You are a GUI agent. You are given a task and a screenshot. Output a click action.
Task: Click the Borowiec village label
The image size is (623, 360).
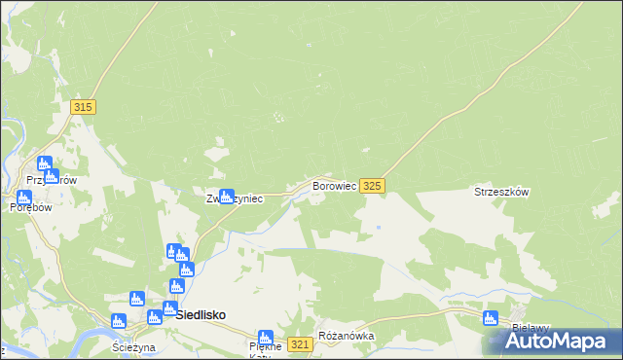point(333,185)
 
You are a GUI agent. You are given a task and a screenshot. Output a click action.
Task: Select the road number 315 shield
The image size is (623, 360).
point(83,107)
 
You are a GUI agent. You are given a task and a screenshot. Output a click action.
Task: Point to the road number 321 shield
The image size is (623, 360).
point(301,344)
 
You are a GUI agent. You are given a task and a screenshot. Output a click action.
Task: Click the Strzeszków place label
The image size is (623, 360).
point(500,193)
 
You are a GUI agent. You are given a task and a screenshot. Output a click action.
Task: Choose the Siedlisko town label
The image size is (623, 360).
point(202,315)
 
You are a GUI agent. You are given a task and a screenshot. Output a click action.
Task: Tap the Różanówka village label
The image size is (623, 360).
point(347,337)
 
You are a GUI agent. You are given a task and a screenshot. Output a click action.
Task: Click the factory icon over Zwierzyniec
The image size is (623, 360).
point(226,196)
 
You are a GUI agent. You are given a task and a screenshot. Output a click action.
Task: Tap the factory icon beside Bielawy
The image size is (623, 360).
point(491,318)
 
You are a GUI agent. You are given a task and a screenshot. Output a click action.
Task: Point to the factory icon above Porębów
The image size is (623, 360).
point(24,196)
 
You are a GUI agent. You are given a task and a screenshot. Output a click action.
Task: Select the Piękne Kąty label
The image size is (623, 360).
point(265,349)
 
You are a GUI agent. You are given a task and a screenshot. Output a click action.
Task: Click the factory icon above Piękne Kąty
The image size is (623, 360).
point(265,338)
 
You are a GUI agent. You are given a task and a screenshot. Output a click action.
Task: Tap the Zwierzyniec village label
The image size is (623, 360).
point(234,198)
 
